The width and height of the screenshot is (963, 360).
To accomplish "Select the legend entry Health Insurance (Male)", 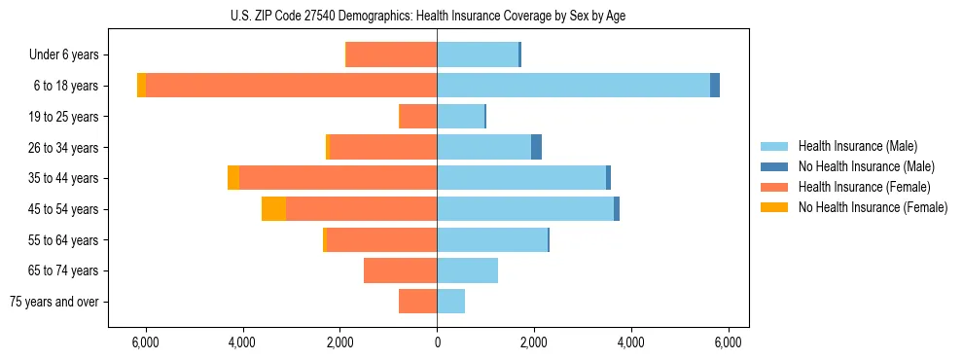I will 858,146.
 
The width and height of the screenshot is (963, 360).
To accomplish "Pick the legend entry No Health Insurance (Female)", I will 873,207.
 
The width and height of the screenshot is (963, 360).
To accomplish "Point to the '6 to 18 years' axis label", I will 66,86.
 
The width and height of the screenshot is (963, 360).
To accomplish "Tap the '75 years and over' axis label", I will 54,302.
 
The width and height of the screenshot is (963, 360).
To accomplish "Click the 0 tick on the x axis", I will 437,342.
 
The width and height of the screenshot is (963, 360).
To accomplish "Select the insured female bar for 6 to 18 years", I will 291,86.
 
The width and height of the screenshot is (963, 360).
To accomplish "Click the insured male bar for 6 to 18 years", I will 573,86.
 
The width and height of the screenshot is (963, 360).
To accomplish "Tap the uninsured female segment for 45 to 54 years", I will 273,209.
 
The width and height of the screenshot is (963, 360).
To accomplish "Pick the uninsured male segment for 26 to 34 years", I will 536,148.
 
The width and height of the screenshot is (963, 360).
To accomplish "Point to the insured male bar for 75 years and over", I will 450,302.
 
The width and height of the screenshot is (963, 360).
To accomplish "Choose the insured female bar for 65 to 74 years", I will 400,270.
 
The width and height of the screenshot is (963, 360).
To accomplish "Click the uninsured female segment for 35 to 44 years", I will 233,178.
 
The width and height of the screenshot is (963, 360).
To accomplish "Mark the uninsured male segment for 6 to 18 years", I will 715,86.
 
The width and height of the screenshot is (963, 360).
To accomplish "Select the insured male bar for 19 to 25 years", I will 460,117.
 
